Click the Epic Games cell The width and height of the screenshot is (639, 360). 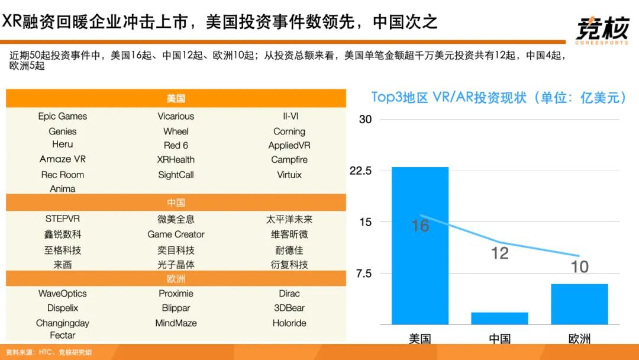[x=62, y=116]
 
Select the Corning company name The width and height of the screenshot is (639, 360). [x=289, y=131]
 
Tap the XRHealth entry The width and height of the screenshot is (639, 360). [x=176, y=160]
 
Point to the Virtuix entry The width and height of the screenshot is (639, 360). [x=289, y=175]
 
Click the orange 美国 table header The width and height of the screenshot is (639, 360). [x=176, y=99]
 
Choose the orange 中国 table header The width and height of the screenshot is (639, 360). [x=176, y=203]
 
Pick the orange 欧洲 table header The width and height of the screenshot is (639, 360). [x=176, y=279]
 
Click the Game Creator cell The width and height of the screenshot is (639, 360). [x=176, y=234]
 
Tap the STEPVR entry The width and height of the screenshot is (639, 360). [x=62, y=219]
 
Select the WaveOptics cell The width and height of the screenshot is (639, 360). [x=62, y=294]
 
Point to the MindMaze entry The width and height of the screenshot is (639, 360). [x=176, y=323]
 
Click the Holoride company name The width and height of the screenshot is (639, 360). [x=289, y=323]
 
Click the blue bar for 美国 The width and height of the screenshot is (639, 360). [x=420, y=246]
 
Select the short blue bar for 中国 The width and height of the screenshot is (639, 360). [x=499, y=318]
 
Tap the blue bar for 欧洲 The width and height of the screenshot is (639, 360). [x=579, y=304]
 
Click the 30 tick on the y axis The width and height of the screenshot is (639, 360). [x=366, y=120]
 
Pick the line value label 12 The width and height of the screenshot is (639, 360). [x=500, y=253]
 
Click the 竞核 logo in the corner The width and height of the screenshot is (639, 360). [x=602, y=28]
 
